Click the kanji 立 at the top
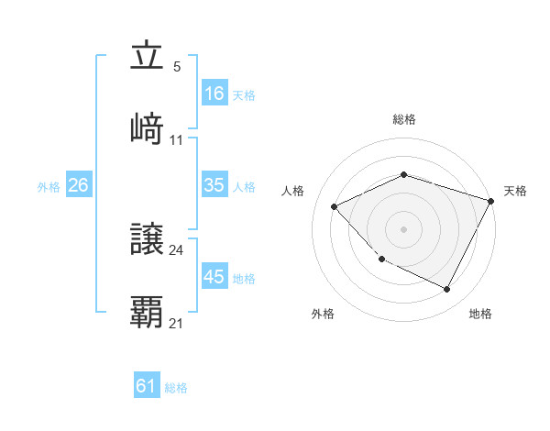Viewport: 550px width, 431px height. tap(147, 57)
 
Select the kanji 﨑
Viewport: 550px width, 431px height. tap(147, 128)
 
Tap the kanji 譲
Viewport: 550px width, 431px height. tap(147, 239)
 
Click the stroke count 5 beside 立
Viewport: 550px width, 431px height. tap(177, 67)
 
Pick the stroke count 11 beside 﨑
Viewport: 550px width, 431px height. tap(177, 140)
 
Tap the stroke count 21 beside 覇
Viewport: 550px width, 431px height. tap(177, 324)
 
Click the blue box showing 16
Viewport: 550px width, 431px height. tap(214, 93)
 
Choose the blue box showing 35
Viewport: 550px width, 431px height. tap(214, 185)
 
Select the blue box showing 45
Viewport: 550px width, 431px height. tap(214, 277)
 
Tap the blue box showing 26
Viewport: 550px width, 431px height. tap(78, 185)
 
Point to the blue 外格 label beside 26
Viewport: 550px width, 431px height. tap(49, 186)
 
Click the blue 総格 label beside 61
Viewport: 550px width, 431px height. tap(176, 388)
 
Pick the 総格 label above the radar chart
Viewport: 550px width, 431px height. tap(404, 119)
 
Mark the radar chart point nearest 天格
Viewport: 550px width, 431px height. tap(492, 201)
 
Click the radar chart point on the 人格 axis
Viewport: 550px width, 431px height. tap(335, 206)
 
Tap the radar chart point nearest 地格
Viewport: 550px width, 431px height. tap(447, 290)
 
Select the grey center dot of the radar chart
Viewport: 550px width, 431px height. tap(404, 229)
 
